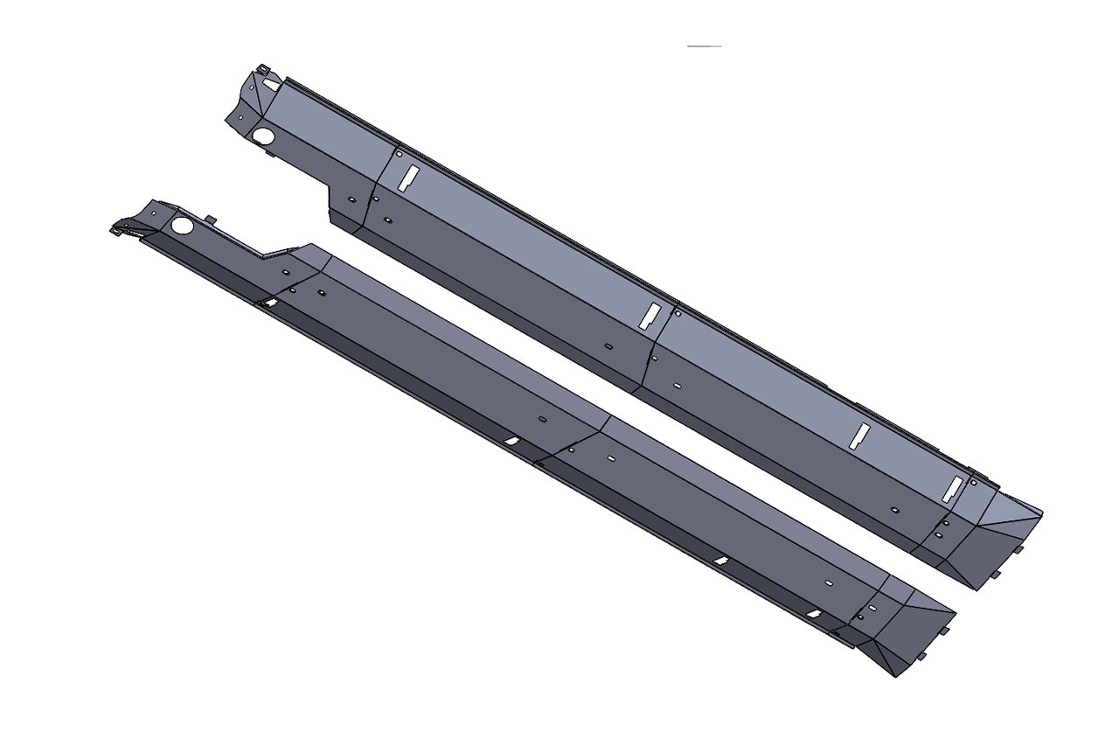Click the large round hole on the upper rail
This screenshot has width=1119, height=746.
click(x=262, y=137)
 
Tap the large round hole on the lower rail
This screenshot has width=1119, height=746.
click(x=182, y=226)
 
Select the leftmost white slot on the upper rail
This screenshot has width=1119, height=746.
click(x=407, y=178)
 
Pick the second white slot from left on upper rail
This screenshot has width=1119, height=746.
click(x=649, y=316)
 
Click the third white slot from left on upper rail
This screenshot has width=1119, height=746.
click(x=860, y=436)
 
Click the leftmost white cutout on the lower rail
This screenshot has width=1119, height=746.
click(x=270, y=302)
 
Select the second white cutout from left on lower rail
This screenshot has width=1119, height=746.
click(x=512, y=441)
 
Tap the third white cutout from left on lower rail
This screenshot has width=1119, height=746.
click(x=720, y=561)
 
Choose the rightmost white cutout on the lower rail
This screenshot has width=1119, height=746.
click(x=813, y=614)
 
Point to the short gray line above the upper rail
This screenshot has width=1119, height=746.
click(x=704, y=45)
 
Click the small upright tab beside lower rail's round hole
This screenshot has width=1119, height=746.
click(x=210, y=219)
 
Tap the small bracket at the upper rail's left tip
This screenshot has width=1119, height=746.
click(x=261, y=69)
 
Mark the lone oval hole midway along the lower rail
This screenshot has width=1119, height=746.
click(x=542, y=421)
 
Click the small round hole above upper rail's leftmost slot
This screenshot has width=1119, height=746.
click(x=400, y=155)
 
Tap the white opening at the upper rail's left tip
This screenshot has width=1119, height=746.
click(x=270, y=86)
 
